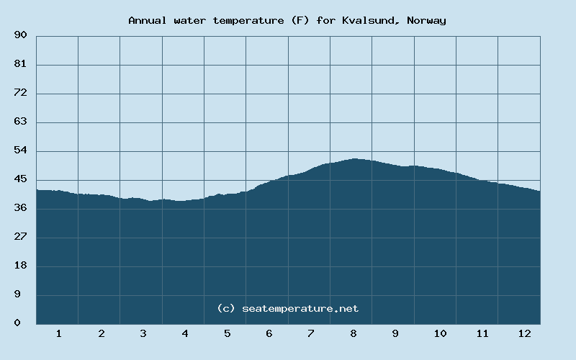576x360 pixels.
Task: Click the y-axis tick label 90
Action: (x=20, y=35)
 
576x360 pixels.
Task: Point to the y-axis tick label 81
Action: (x=20, y=64)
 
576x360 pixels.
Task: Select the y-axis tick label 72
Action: (x=20, y=93)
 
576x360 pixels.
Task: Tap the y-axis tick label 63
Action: (x=20, y=122)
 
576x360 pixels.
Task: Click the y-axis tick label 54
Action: (x=20, y=150)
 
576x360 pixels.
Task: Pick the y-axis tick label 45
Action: (x=20, y=179)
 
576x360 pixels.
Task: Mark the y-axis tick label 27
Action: (x=20, y=237)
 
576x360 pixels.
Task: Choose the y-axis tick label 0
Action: (x=17, y=323)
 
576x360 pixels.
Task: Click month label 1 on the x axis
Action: (x=59, y=333)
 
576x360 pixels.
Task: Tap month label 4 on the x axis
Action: (x=185, y=333)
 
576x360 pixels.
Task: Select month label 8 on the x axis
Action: (x=354, y=333)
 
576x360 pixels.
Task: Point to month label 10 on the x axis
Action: (x=440, y=333)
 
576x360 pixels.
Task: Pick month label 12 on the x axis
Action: (x=524, y=333)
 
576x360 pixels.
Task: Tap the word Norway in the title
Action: (x=426, y=20)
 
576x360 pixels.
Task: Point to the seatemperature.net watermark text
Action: (x=300, y=308)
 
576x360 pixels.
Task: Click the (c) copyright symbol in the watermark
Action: (x=226, y=308)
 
